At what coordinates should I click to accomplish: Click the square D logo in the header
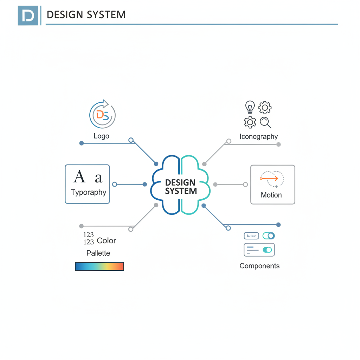[28, 15]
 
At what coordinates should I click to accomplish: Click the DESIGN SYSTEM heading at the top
[86, 15]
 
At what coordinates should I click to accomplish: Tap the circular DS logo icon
[102, 114]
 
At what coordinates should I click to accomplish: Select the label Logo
[101, 136]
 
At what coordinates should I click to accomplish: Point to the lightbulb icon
[250, 107]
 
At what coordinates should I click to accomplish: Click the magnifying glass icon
[265, 122]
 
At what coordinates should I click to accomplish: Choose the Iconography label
[258, 136]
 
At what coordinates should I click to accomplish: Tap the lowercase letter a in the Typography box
[98, 178]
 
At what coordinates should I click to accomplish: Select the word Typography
[88, 192]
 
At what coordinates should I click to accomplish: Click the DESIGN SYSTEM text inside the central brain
[180, 187]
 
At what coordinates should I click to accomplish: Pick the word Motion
[271, 195]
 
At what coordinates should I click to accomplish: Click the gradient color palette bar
[99, 266]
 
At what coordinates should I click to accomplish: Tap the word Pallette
[98, 253]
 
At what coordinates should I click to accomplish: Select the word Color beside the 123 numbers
[106, 241]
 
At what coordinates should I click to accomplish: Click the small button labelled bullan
[251, 236]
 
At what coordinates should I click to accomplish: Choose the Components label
[259, 266]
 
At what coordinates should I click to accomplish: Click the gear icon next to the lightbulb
[265, 107]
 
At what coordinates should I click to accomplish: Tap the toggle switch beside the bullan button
[269, 236]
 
